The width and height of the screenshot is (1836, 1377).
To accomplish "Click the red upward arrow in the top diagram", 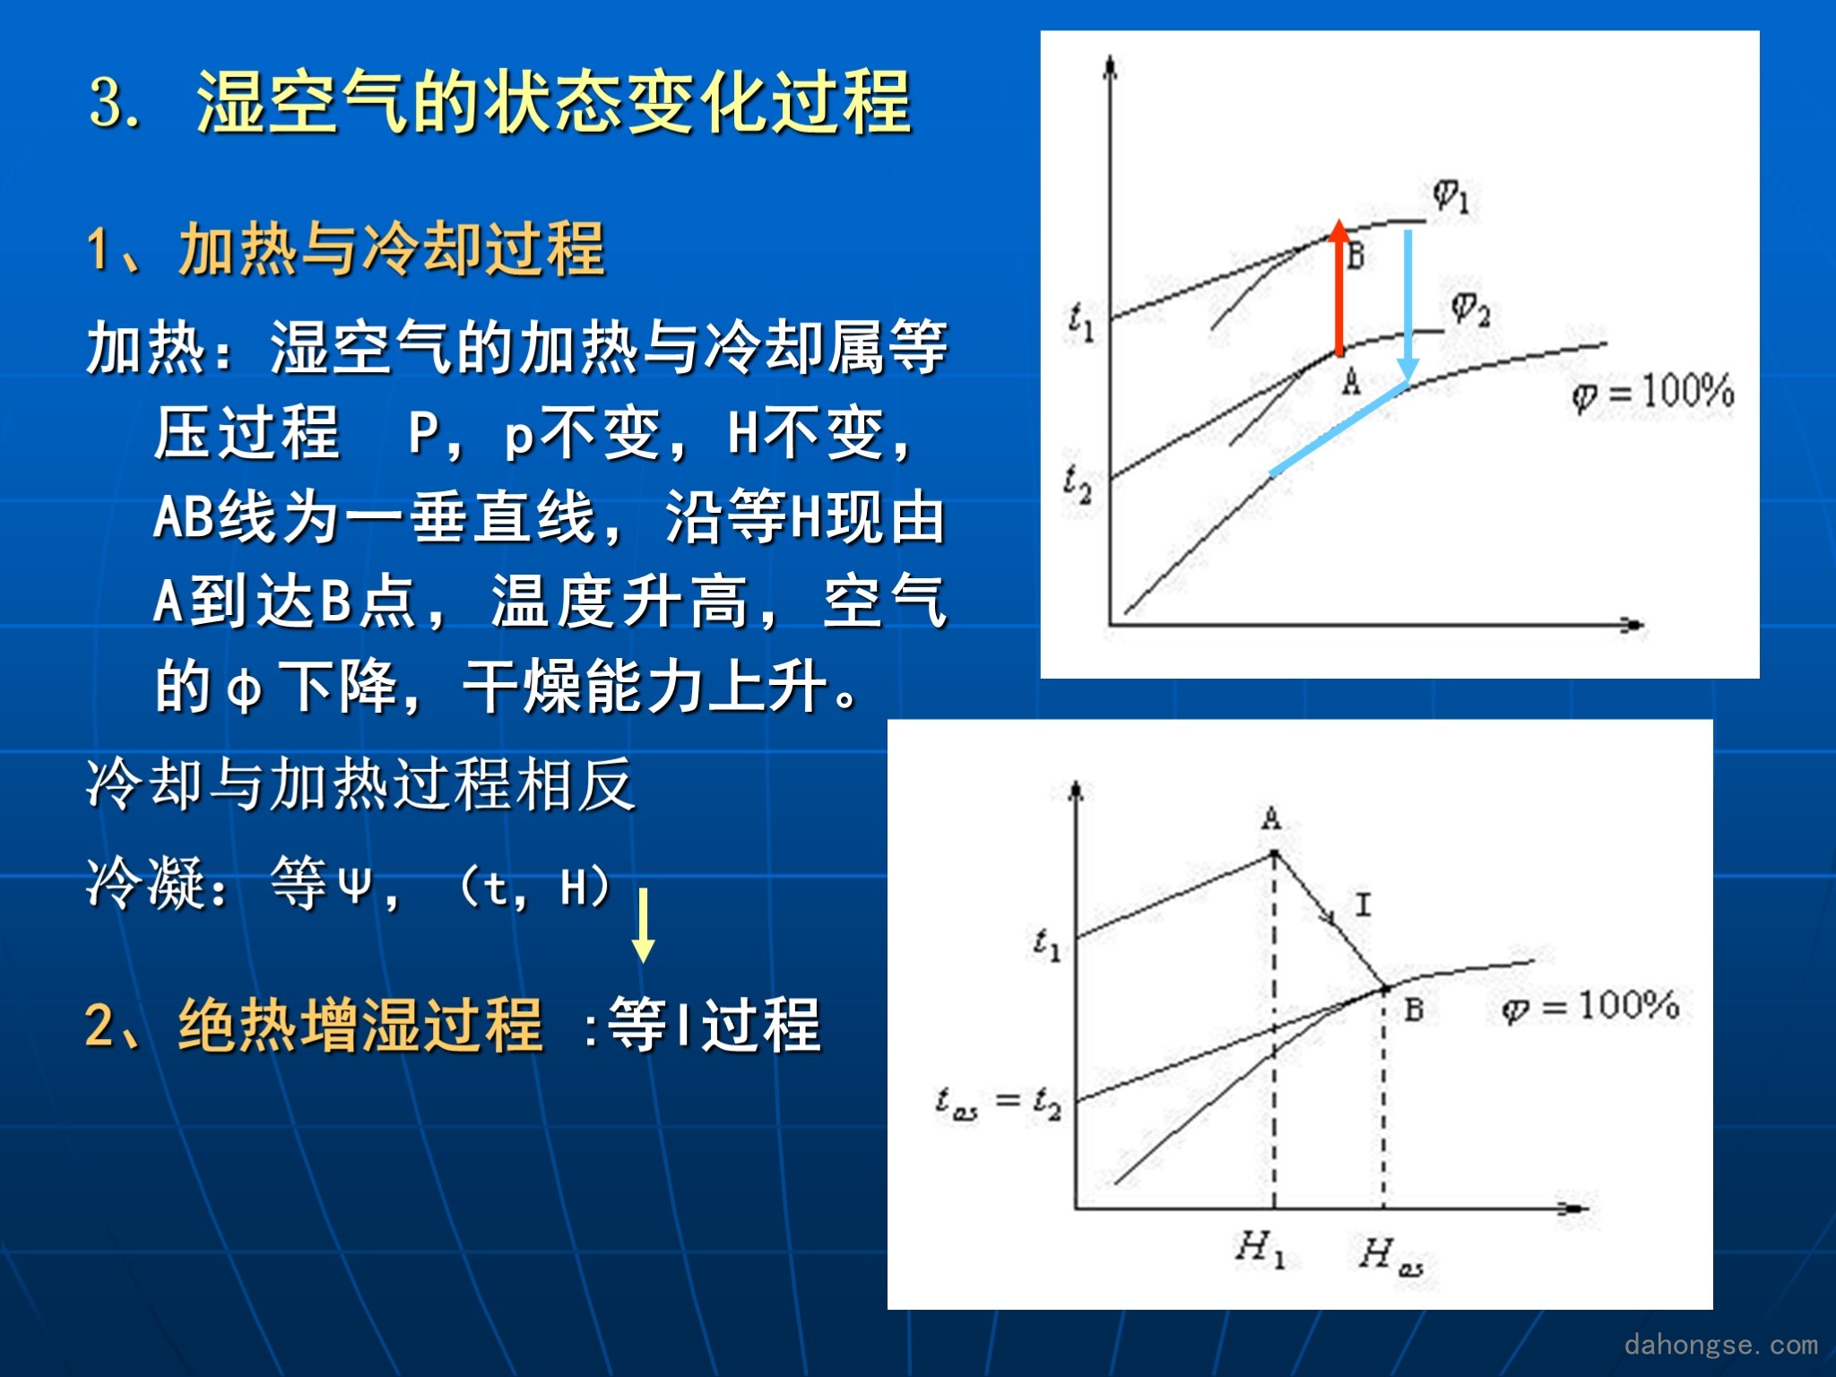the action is point(1338,287).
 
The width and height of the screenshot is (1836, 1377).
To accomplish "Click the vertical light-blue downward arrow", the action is point(1407,306).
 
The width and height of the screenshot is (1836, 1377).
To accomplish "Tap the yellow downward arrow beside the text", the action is point(643,925).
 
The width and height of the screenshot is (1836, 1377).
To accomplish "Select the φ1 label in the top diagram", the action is point(1451,195).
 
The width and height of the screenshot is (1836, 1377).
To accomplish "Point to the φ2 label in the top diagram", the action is point(1470,309).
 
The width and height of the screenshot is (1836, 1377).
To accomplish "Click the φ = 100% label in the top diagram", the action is point(1652,393).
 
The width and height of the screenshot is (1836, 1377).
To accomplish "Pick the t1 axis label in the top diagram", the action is point(1081,322).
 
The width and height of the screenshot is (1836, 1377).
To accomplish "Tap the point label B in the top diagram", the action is point(1355,255).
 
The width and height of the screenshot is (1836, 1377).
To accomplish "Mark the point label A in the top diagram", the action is point(1351,382).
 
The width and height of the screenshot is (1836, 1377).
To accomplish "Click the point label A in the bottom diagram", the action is point(1271,818).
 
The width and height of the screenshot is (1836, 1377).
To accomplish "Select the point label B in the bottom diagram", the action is point(1414,1010).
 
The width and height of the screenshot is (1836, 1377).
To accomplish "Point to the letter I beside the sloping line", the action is point(1363,904).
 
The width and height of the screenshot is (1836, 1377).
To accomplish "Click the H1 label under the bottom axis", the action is point(1261,1248).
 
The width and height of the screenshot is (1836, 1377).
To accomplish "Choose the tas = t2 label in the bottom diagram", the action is point(999,1102).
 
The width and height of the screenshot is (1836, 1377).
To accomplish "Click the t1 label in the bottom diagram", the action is point(1046,944).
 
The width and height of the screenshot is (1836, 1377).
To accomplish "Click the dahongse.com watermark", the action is point(1720,1344).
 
